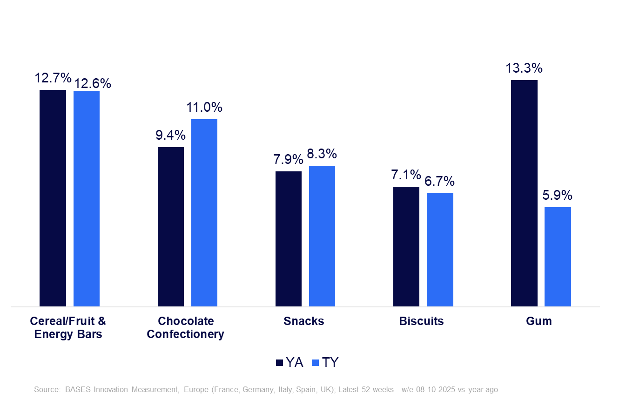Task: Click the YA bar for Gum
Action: tap(524, 193)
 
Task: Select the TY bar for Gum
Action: tap(558, 257)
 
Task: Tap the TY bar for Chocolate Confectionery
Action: tap(204, 213)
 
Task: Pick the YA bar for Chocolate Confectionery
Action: tap(171, 227)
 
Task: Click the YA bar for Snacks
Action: tap(289, 239)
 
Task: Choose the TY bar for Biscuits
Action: tap(440, 250)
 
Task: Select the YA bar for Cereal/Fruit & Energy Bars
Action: tap(53, 198)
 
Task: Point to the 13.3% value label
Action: tap(524, 68)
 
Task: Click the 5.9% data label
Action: tap(558, 196)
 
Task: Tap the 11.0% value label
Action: tap(204, 108)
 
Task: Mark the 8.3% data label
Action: tap(322, 154)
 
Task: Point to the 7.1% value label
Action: tap(406, 176)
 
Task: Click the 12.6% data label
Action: tap(93, 84)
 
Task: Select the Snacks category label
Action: tap(303, 321)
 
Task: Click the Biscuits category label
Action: tap(421, 321)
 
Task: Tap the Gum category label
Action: tap(539, 321)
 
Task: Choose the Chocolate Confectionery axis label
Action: tap(186, 328)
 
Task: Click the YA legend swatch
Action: tap(280, 363)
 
